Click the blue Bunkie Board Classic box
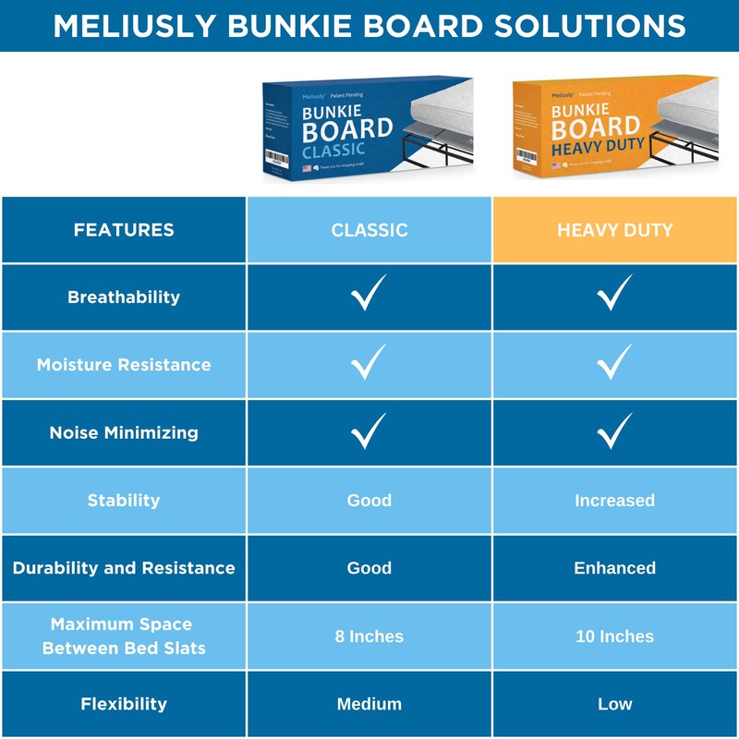pos(369,129)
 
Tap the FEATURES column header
pos(124,230)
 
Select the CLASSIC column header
pos(369,230)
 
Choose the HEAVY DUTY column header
pos(614,230)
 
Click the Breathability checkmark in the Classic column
pos(369,295)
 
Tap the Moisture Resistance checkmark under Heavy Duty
pos(614,362)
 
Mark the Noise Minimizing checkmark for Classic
pos(369,430)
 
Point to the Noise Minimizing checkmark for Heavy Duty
pos(614,430)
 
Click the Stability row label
pos(124,501)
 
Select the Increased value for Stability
pos(614,501)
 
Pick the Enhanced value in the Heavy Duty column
pos(614,568)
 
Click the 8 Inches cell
pos(369,636)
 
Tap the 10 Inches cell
pos(614,636)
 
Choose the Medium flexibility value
pos(369,704)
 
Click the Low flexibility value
pos(614,704)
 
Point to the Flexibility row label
pos(124,704)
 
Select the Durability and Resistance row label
pos(124,568)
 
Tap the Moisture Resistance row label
pos(124,365)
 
